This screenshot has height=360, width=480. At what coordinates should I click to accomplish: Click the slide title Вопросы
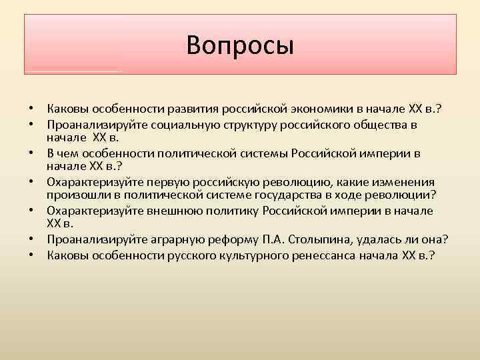pos(240,45)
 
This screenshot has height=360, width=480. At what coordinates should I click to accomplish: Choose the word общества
pos(375,125)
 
